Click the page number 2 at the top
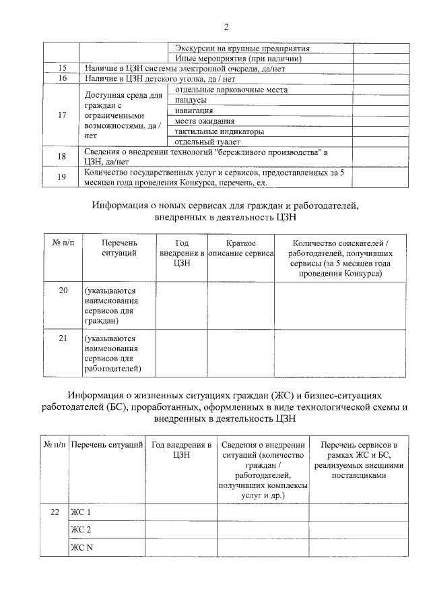(226, 27)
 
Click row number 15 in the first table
(62, 69)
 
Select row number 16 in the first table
(62, 78)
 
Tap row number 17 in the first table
(62, 115)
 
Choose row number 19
(62, 177)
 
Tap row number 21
(63, 338)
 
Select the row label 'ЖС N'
(81, 547)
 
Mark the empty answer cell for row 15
(380, 69)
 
